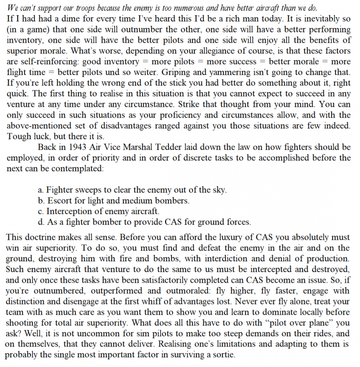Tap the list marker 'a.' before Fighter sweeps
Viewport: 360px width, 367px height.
click(x=41, y=189)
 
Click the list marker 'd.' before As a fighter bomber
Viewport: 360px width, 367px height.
click(x=41, y=222)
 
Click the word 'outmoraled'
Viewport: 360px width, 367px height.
click(x=157, y=291)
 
